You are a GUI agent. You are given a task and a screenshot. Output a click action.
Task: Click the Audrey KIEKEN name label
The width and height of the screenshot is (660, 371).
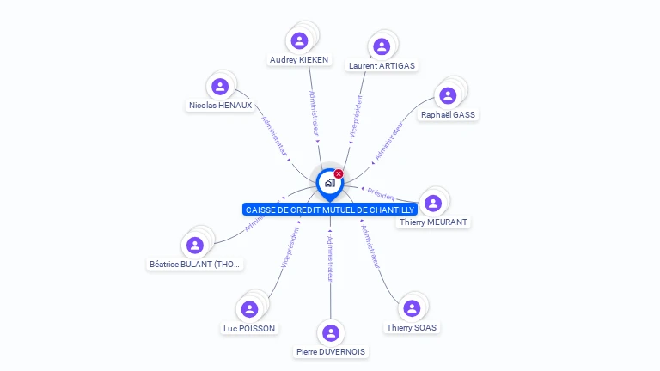(x=299, y=60)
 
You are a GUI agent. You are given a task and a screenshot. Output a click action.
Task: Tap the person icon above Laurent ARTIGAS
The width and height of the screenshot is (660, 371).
(x=382, y=46)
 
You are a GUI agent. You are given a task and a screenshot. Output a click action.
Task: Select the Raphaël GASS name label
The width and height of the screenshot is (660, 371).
(x=448, y=114)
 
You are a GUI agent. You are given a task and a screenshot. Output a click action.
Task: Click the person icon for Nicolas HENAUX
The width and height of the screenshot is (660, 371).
(x=220, y=86)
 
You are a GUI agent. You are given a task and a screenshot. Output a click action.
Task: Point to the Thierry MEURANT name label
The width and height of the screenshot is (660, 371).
(x=433, y=222)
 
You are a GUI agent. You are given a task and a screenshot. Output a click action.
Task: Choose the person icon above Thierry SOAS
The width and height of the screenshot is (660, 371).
(x=412, y=308)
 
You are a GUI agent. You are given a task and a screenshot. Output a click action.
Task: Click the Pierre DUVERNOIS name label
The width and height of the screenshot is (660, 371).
(x=331, y=351)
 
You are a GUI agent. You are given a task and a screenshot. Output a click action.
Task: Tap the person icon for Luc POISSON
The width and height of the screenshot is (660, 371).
(x=249, y=309)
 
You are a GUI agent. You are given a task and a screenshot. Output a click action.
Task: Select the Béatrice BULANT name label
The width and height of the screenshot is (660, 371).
(x=194, y=265)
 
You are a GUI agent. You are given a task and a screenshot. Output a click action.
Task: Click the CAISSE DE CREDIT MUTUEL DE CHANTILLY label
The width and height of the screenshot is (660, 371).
(x=330, y=210)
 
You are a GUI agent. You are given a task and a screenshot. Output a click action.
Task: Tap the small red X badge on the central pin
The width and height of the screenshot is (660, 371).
(x=339, y=174)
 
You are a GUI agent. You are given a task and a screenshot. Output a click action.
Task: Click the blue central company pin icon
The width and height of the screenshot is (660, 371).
(x=329, y=183)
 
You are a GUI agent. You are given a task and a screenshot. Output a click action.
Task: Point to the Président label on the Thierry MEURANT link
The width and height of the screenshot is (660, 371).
(x=381, y=195)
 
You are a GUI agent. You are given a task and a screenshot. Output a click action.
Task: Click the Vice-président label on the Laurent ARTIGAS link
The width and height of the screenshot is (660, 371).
(x=357, y=117)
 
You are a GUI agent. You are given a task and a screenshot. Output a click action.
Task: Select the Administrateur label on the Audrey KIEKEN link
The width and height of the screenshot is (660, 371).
(x=315, y=115)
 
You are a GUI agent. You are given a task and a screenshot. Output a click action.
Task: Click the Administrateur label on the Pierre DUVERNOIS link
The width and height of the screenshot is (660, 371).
(x=330, y=258)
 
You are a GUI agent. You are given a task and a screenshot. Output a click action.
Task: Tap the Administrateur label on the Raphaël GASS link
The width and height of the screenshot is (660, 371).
(x=389, y=141)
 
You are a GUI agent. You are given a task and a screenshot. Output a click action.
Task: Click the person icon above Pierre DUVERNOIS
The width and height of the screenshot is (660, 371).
(x=331, y=333)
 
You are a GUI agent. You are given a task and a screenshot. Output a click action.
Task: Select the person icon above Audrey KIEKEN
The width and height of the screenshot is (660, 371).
(x=299, y=40)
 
